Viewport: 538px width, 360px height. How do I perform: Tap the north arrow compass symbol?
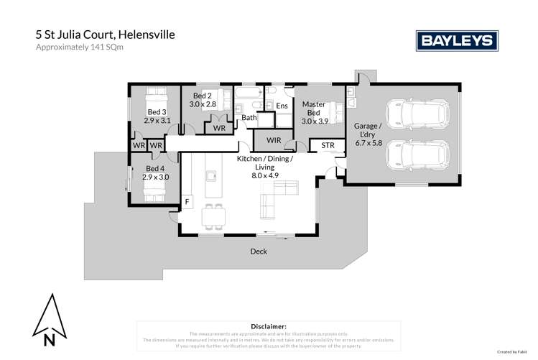48,320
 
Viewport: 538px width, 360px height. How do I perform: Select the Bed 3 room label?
157,116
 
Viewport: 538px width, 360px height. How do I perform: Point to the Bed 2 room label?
203,100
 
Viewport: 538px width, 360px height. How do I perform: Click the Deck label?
259,251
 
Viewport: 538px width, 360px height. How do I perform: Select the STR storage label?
328,146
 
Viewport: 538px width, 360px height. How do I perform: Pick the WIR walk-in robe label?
273,139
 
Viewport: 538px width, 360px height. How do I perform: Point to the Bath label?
249,117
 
